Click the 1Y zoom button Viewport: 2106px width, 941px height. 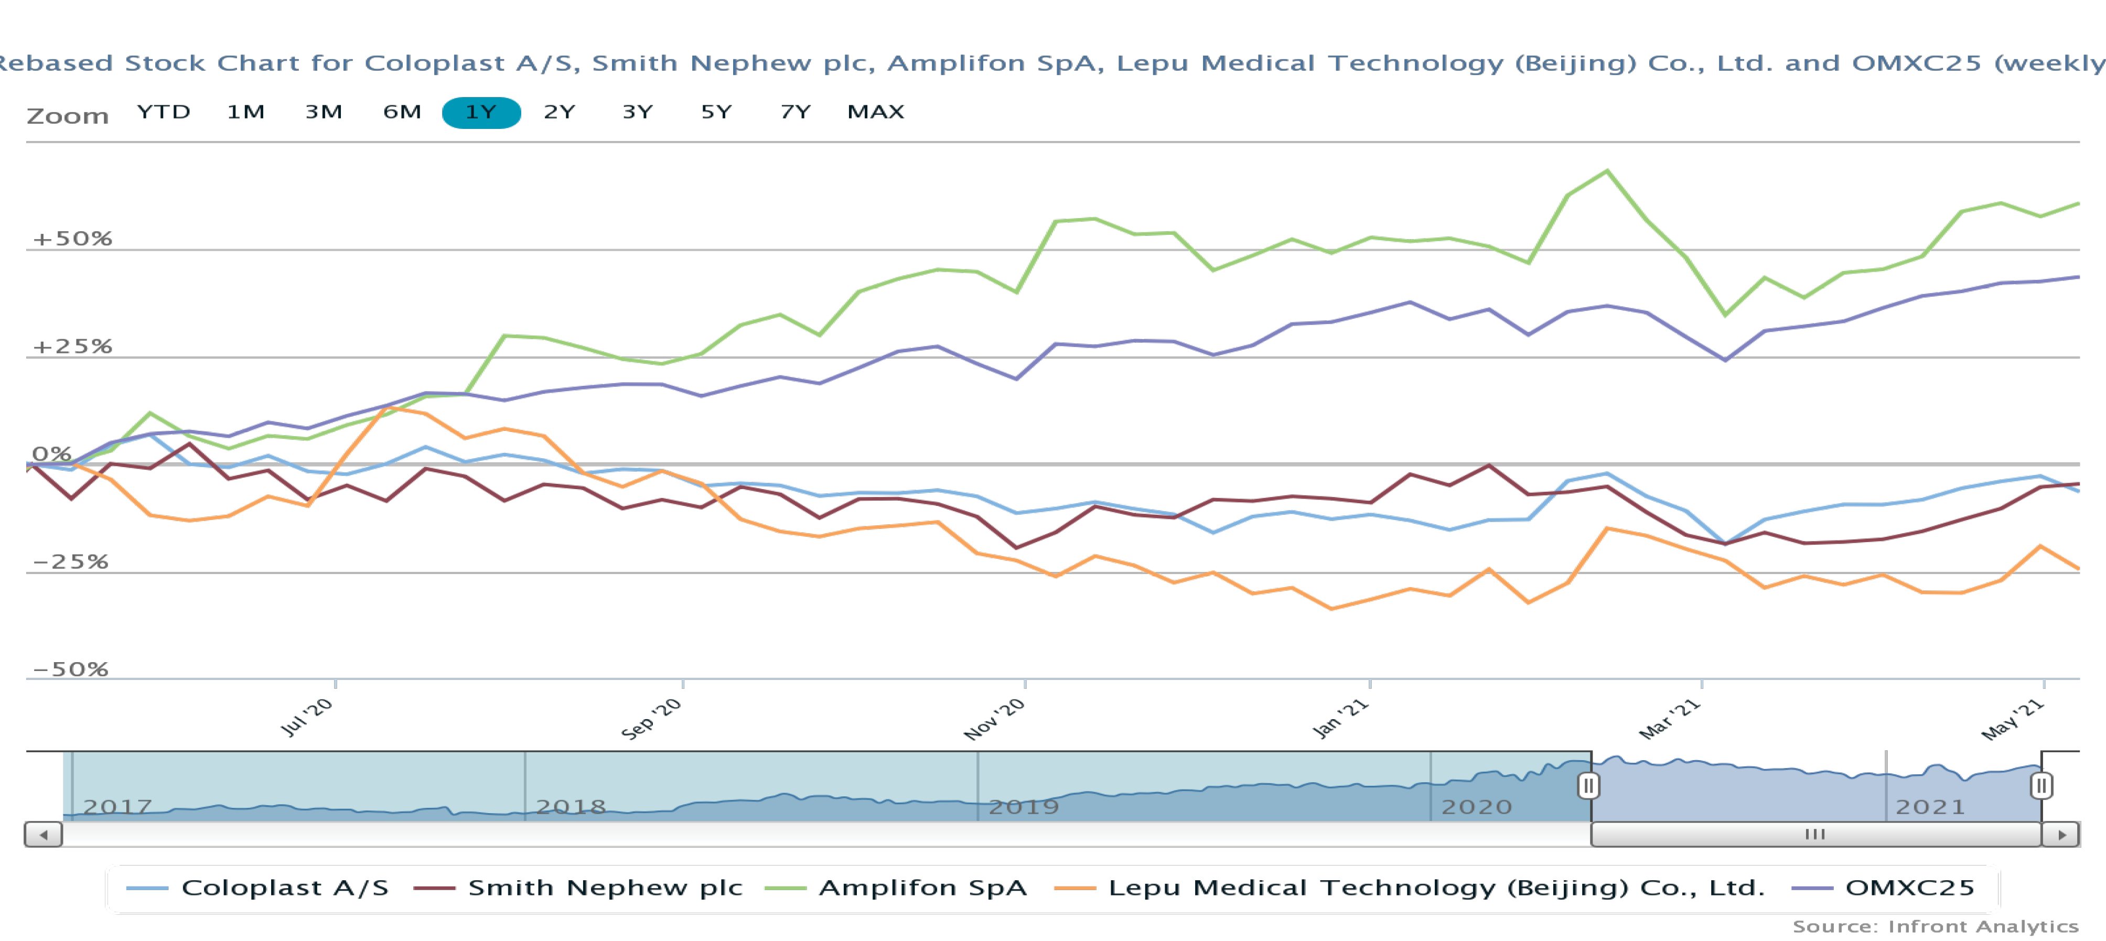tap(481, 112)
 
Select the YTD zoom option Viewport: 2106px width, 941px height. tap(164, 112)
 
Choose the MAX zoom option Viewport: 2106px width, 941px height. tap(875, 112)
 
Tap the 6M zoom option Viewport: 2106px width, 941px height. tap(401, 112)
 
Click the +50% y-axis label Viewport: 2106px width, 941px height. tap(72, 239)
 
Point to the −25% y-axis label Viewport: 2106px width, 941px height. tap(70, 561)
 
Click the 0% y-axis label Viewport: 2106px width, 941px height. tap(51, 454)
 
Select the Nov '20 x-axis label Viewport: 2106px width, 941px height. tap(994, 719)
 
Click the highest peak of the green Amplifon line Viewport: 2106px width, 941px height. tap(1607, 171)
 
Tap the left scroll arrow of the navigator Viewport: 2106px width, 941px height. tap(44, 835)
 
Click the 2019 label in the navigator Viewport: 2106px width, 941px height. tap(1024, 807)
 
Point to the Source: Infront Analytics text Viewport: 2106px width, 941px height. tap(1935, 926)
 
